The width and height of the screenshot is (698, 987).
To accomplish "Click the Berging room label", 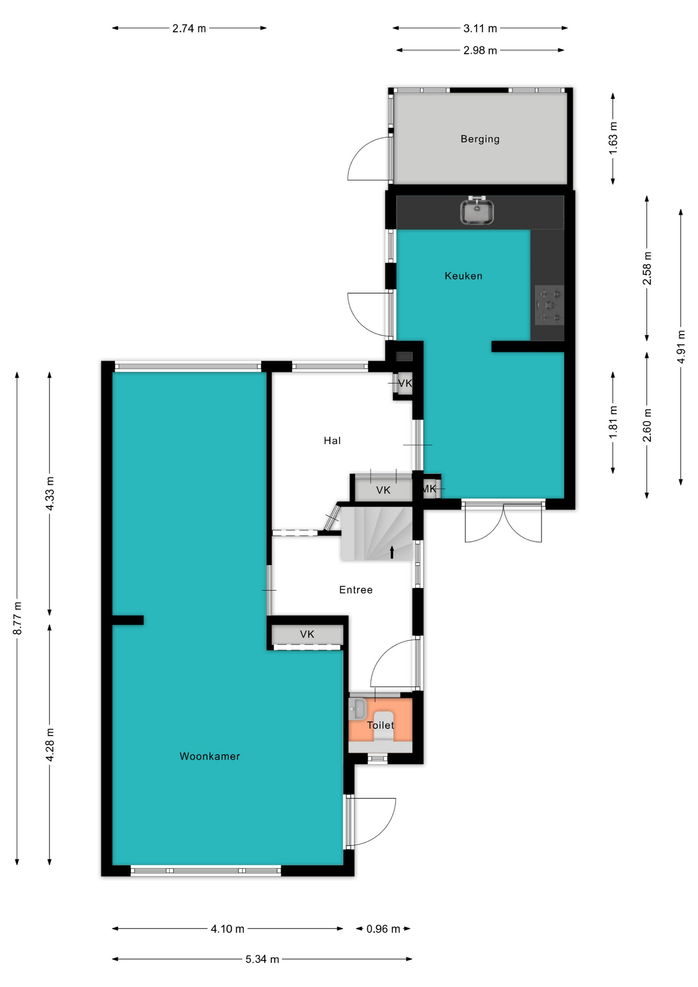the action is [480, 139].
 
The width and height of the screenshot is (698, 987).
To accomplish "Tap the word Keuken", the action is [463, 276].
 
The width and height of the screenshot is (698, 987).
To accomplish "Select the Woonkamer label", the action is [210, 756].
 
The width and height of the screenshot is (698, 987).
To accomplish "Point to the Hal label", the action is [332, 441].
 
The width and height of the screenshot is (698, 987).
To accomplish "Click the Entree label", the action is [356, 590].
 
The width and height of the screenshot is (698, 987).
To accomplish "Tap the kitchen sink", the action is [476, 211].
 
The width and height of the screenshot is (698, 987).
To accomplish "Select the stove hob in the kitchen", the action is [549, 305].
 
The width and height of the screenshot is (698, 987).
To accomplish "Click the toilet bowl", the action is [383, 725].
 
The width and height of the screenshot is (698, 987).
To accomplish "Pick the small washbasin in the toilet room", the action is [357, 709].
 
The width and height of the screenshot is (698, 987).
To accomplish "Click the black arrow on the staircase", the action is [392, 552].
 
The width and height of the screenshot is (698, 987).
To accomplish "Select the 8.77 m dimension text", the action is [17, 617].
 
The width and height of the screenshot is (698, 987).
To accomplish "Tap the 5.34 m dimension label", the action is [262, 959].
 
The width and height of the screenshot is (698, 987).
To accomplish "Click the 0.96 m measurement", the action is [383, 929].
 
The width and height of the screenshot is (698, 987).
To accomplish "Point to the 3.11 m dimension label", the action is [480, 28].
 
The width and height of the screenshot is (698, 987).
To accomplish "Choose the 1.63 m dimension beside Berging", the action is [613, 138].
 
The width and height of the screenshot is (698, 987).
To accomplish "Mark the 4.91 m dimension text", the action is [681, 346].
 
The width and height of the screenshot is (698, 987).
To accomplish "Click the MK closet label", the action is [429, 489].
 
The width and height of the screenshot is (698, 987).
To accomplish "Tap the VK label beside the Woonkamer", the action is [307, 634].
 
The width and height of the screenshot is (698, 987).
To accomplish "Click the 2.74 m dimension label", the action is [189, 28].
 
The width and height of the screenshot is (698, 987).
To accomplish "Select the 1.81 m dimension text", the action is [613, 423].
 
